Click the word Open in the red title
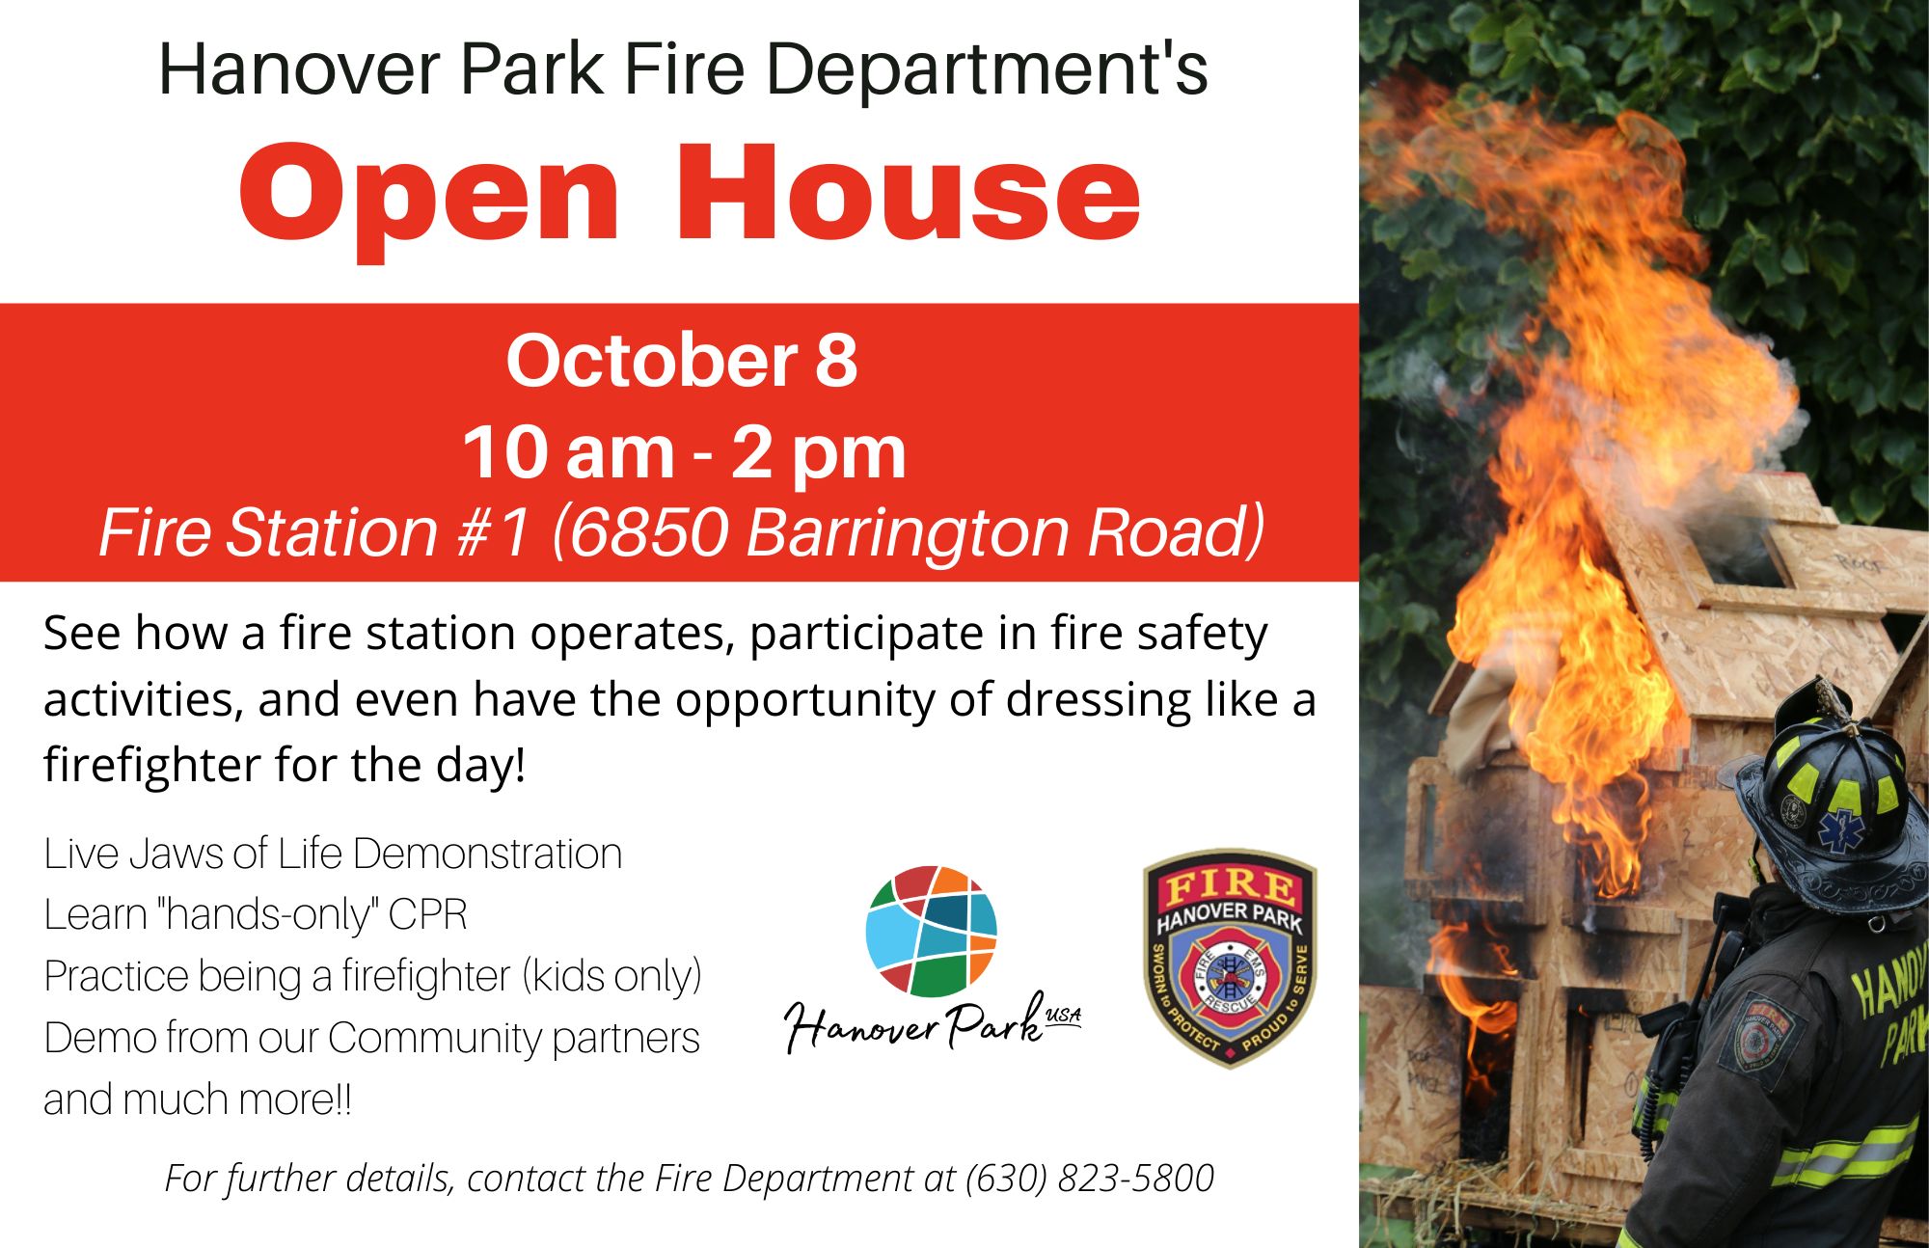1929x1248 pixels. pos(428,196)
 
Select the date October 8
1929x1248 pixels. pos(681,361)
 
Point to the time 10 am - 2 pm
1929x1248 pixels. pos(684,451)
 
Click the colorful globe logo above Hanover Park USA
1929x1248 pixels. pos(931,931)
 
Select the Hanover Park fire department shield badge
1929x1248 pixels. pos(1229,958)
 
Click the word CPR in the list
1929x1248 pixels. pos(427,915)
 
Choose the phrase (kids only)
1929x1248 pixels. pos(611,976)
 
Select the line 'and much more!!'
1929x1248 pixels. pos(198,1099)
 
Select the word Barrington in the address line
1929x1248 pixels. pos(908,532)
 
